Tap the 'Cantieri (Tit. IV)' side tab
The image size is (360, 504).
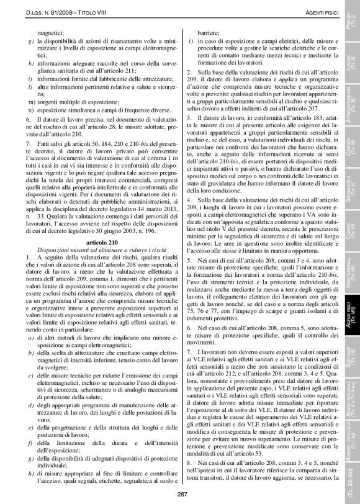click(349, 150)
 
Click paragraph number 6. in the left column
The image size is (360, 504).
click(29, 117)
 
